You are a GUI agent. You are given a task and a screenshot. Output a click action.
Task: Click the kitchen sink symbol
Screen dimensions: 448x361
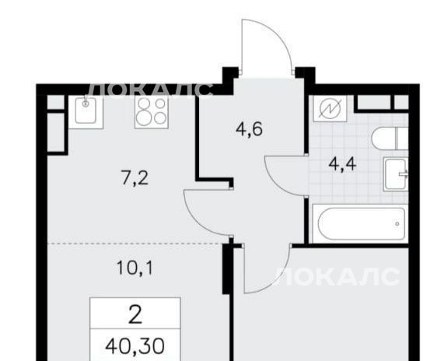click(x=86, y=112)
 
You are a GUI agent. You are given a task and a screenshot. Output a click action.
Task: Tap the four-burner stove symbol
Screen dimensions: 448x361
click(x=152, y=112)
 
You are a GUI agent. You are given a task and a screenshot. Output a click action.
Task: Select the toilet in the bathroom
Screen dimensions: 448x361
click(x=390, y=138)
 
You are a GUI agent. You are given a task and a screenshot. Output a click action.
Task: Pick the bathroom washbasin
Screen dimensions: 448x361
click(x=396, y=174)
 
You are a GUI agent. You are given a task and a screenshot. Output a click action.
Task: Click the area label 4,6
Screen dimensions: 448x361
click(x=249, y=129)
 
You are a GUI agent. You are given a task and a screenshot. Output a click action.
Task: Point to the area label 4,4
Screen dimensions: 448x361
click(x=342, y=164)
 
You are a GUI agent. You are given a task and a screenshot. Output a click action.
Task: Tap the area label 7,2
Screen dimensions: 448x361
click(x=135, y=179)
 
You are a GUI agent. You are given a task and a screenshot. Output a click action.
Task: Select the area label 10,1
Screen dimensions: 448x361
click(x=135, y=268)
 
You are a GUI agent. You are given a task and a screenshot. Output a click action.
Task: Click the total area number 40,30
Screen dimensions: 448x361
click(x=135, y=346)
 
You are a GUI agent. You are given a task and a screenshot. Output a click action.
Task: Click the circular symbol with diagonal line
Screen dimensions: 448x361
click(x=330, y=109)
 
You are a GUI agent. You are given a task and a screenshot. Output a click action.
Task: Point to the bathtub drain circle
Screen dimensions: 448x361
click(x=397, y=224)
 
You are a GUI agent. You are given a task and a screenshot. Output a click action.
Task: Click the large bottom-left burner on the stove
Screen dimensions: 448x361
click(x=142, y=118)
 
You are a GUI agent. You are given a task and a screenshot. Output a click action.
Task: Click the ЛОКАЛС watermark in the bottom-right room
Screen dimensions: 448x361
click(x=337, y=276)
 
